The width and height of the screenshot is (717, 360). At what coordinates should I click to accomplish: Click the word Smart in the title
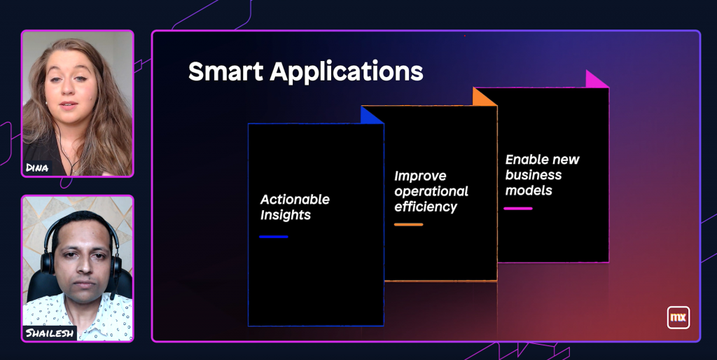pyautogui.click(x=226, y=71)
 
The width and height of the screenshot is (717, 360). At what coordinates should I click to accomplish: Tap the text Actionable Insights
pyautogui.click(x=295, y=207)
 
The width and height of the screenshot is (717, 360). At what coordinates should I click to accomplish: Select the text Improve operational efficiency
pyautogui.click(x=431, y=191)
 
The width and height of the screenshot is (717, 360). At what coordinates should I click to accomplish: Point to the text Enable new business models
pyautogui.click(x=542, y=174)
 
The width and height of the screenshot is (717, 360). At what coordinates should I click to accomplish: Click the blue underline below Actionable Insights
pyautogui.click(x=274, y=237)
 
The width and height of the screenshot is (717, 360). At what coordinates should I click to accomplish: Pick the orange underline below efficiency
pyautogui.click(x=408, y=225)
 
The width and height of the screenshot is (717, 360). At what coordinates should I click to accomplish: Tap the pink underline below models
pyautogui.click(x=518, y=209)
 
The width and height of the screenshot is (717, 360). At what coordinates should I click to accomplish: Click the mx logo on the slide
pyautogui.click(x=678, y=317)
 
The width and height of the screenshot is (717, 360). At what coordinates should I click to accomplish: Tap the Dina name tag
pyautogui.click(x=38, y=168)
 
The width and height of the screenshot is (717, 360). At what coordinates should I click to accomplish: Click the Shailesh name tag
pyautogui.click(x=50, y=333)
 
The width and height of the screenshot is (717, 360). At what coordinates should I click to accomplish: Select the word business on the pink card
pyautogui.click(x=533, y=175)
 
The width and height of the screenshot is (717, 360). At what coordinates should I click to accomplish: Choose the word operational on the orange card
pyautogui.click(x=431, y=192)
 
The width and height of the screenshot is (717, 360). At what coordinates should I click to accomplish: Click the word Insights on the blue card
pyautogui.click(x=286, y=215)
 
